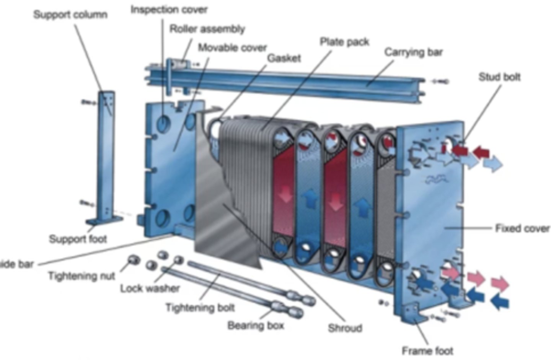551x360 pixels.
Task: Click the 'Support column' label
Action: click(70, 15)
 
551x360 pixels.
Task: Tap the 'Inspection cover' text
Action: click(169, 10)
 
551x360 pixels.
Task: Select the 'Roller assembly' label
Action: click(207, 29)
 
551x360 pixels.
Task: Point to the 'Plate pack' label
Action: click(344, 42)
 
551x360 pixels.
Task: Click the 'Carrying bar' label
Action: click(413, 52)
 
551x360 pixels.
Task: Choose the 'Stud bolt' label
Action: click(499, 77)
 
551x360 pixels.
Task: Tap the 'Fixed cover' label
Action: click(522, 228)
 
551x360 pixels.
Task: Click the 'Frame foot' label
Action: click(427, 350)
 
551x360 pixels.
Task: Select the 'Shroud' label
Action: click(345, 328)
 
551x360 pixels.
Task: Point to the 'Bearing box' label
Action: click(256, 326)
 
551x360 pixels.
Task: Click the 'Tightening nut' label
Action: click(81, 276)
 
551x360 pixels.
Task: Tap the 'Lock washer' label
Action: click(150, 288)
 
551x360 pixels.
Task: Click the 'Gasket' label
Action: click(284, 58)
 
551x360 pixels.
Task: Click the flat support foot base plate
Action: click(104, 221)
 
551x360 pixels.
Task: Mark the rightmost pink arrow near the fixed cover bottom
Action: click(500, 283)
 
